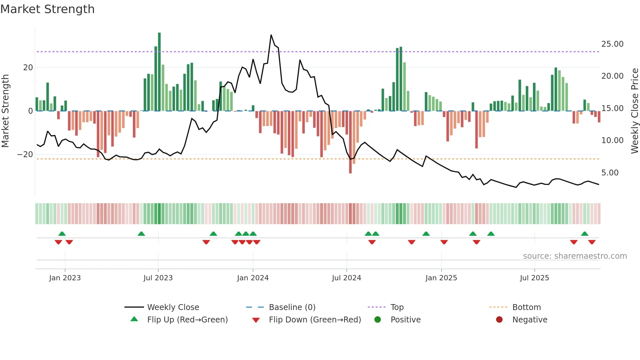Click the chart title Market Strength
(x=47, y=9)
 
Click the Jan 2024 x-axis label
(x=253, y=278)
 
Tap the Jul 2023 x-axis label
(x=158, y=278)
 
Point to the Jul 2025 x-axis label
(x=535, y=278)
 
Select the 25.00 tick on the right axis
(x=612, y=44)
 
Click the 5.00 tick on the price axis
(x=610, y=172)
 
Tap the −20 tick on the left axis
(x=25, y=154)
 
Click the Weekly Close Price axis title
(x=634, y=111)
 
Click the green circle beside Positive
(x=378, y=319)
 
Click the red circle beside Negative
(x=499, y=319)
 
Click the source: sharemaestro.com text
(x=575, y=256)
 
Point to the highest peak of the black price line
(x=271, y=35)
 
